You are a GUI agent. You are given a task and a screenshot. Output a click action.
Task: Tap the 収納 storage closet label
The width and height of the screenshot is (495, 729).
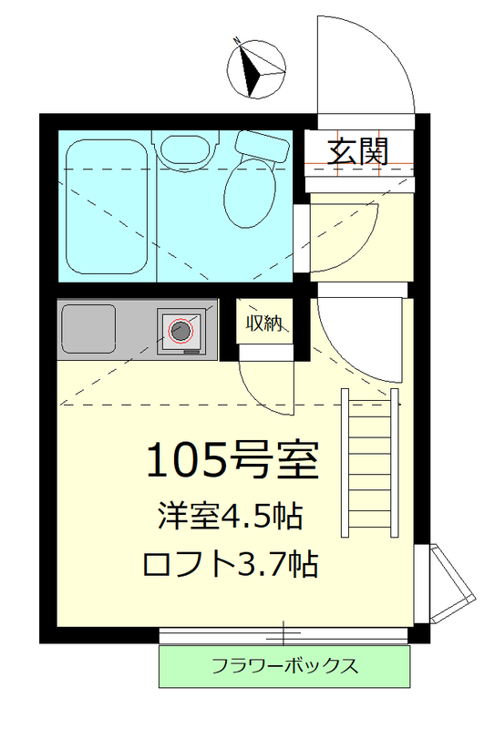(263, 322)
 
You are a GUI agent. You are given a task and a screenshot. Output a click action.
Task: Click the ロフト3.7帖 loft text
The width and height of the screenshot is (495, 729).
(230, 565)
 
